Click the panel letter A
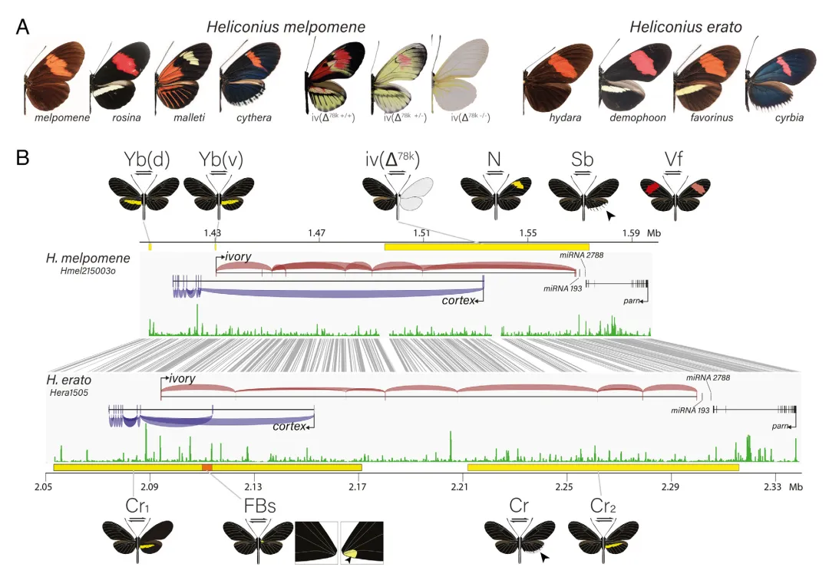pos(22,27)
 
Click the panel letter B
pos(22,157)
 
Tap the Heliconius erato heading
pos(685,27)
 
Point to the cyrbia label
pos(789,117)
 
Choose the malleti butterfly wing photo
pos(183,77)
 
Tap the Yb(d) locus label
pos(147,159)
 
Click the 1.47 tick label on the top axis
pos(317,233)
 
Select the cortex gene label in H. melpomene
pos(457,300)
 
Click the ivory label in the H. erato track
pos(182,378)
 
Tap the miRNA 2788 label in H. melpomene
pos(582,256)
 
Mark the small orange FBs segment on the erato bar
pos(207,467)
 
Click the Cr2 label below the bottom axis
pos(603,506)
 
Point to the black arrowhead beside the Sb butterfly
pos(611,216)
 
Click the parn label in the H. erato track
pos(780,426)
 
